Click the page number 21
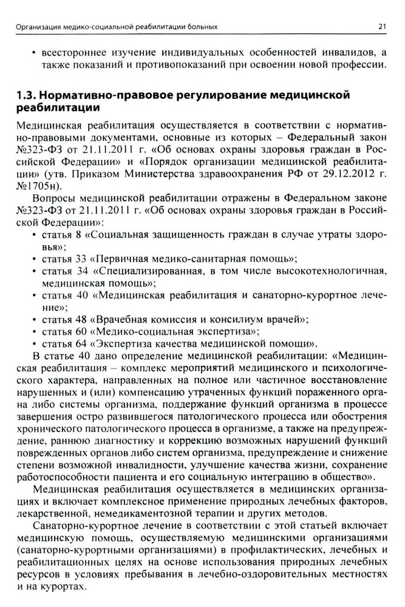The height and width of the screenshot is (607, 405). pyautogui.click(x=382, y=27)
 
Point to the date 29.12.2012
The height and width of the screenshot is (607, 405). pyautogui.click(x=343, y=173)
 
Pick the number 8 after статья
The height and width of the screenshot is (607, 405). pyautogui.click(x=78, y=234)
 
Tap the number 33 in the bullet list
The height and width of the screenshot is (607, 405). pyautogui.click(x=81, y=259)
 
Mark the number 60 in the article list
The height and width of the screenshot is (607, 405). pyautogui.click(x=81, y=331)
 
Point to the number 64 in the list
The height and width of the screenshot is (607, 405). pyautogui.click(x=81, y=343)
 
